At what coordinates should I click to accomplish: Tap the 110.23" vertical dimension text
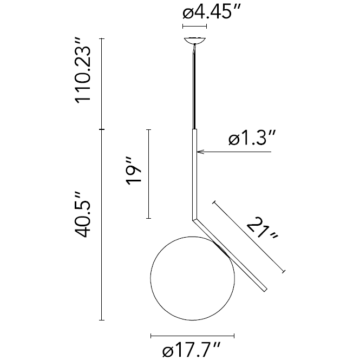pos(83,70)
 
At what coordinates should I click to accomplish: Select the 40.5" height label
pos(82,214)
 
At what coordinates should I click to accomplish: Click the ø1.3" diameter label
pos(252,138)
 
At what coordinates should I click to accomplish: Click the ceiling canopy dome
pos(195,41)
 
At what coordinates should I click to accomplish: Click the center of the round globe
pos(193,278)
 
